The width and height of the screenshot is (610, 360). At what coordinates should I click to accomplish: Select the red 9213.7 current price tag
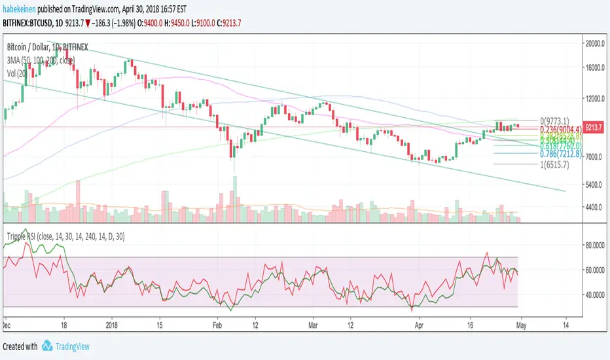pos(595,126)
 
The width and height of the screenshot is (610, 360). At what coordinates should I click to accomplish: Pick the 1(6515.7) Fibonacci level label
pos(553,164)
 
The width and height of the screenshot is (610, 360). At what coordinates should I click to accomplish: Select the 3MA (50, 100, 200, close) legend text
pos(41,60)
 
